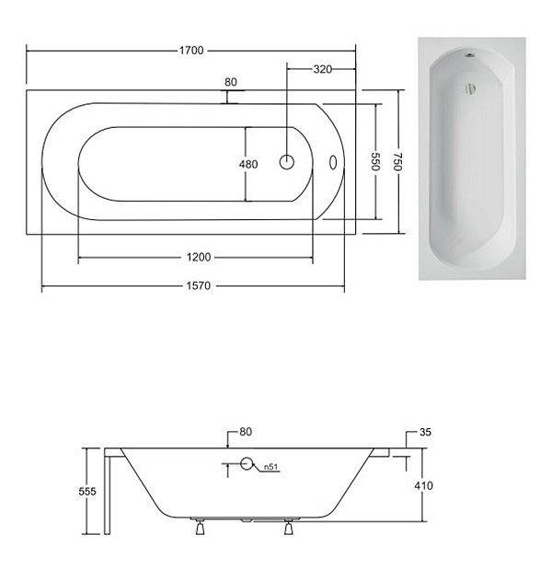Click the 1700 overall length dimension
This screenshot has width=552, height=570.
point(191,51)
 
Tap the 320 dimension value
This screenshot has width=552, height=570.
point(323,69)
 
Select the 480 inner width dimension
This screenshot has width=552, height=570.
point(248,164)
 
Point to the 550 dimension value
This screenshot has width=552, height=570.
point(375,161)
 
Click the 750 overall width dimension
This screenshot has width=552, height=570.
point(398,162)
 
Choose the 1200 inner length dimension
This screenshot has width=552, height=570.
point(199,257)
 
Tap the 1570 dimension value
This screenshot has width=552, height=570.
point(199,285)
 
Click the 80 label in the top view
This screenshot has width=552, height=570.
point(231,82)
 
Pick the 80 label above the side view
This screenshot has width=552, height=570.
point(246,432)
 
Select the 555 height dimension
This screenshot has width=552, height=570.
point(87,492)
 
